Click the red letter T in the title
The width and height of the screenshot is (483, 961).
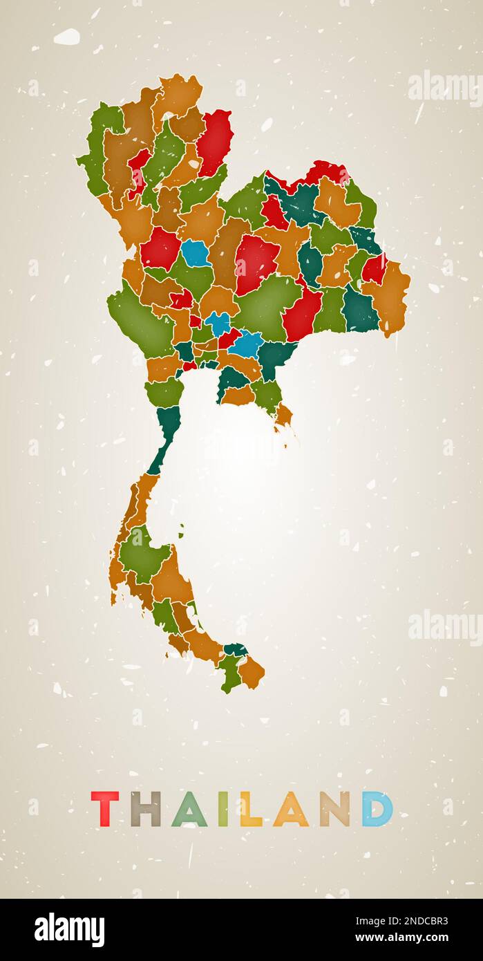(x=105, y=809)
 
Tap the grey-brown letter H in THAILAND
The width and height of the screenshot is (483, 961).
(x=145, y=809)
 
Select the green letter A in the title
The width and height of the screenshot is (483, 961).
(x=189, y=810)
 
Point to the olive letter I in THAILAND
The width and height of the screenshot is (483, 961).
(x=223, y=809)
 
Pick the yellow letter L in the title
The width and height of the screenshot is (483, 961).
(x=249, y=810)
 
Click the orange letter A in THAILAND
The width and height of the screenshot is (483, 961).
(x=290, y=810)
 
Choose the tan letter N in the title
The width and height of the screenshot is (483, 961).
(x=334, y=809)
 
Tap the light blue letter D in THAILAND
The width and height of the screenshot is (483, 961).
(x=377, y=809)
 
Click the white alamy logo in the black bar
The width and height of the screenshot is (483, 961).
(x=69, y=930)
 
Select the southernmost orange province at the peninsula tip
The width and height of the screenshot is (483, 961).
(x=252, y=672)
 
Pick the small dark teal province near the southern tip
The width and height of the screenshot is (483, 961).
(x=236, y=650)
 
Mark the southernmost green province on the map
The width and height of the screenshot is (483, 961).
(x=229, y=674)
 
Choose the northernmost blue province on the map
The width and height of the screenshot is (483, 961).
(x=196, y=254)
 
